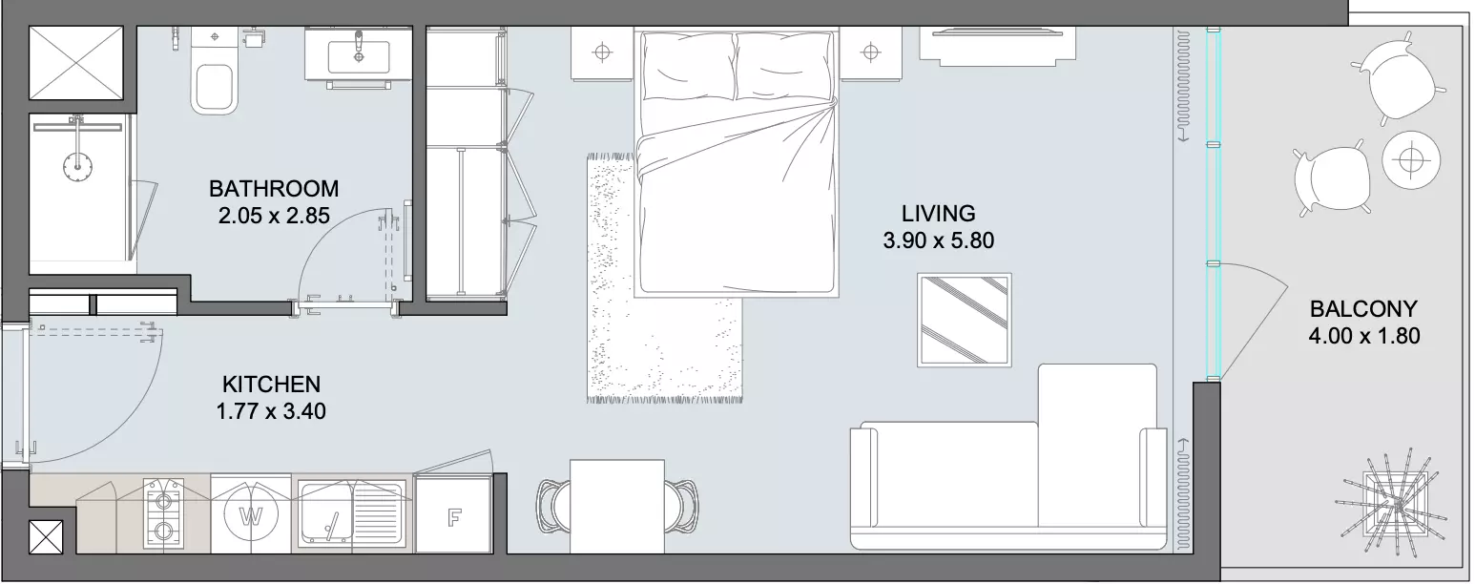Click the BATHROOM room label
pyautogui.click(x=274, y=189)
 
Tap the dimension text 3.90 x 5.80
pyautogui.click(x=939, y=240)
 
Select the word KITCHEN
pyautogui.click(x=271, y=384)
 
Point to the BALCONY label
pyautogui.click(x=1363, y=309)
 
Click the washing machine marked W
pyautogui.click(x=251, y=515)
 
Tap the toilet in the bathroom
pyautogui.click(x=214, y=72)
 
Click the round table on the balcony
pyautogui.click(x=1410, y=160)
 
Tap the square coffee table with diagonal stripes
pyautogui.click(x=964, y=320)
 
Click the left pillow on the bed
pyautogui.click(x=688, y=66)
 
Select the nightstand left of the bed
pyautogui.click(x=602, y=53)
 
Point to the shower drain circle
pyautogui.click(x=77, y=167)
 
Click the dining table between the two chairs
pyautogui.click(x=617, y=507)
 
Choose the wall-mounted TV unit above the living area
pyautogui.click(x=997, y=46)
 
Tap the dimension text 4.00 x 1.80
pyautogui.click(x=1363, y=336)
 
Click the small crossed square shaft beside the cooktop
pyautogui.click(x=46, y=536)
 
